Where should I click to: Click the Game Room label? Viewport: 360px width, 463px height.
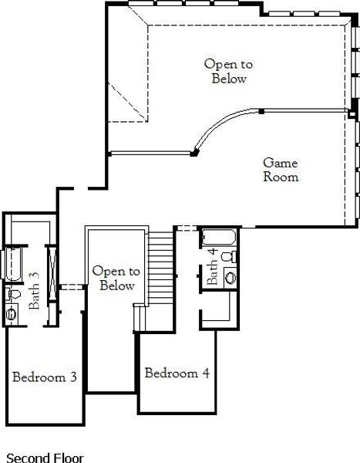pyautogui.click(x=281, y=170)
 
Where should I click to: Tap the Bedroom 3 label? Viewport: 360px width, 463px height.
pyautogui.click(x=44, y=377)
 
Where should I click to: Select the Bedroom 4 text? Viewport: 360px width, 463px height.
pyautogui.click(x=177, y=373)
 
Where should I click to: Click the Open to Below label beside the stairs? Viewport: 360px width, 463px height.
pyautogui.click(x=116, y=279)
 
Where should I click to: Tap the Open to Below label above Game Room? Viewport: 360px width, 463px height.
pyautogui.click(x=228, y=71)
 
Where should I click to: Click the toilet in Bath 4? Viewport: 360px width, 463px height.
pyautogui.click(x=227, y=255)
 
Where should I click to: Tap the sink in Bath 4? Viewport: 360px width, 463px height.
pyautogui.click(x=230, y=277)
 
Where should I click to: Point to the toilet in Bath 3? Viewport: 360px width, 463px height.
pyautogui.click(x=12, y=294)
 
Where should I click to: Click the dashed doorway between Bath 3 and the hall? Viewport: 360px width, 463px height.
pyautogui.click(x=71, y=286)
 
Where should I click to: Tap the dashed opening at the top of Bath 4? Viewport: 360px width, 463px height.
pyautogui.click(x=187, y=227)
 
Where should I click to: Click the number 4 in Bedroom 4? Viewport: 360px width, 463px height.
pyautogui.click(x=205, y=373)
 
